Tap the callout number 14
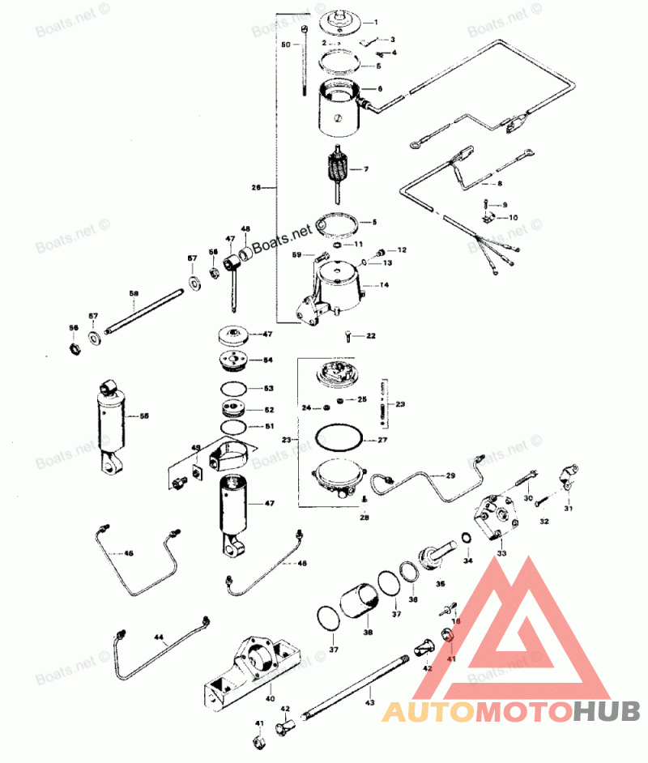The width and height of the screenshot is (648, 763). (x=385, y=286)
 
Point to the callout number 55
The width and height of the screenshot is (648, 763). (x=144, y=416)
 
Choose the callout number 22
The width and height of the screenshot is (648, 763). (x=371, y=335)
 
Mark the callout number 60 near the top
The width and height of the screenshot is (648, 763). (x=285, y=45)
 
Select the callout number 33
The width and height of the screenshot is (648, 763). (x=501, y=553)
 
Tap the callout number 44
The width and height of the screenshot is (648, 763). (x=160, y=638)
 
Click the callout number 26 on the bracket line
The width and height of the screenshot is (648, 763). (x=256, y=188)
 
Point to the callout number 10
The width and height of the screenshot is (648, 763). (x=514, y=218)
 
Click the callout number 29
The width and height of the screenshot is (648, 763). (x=451, y=475)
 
